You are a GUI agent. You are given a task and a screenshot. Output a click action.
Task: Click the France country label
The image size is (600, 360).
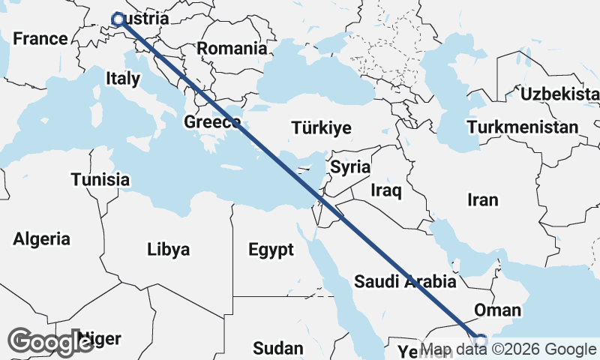tap(40, 39)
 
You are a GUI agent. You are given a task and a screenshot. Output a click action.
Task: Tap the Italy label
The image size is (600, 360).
tap(123, 78)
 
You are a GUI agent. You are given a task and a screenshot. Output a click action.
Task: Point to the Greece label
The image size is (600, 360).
tap(212, 121)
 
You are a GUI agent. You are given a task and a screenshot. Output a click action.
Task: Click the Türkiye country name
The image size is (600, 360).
tap(322, 128)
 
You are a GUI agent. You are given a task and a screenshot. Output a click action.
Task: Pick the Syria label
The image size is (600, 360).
tap(350, 166)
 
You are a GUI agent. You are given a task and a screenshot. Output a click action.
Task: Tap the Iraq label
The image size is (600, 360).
tap(386, 190)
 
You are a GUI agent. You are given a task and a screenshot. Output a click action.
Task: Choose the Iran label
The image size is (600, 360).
tap(482, 199)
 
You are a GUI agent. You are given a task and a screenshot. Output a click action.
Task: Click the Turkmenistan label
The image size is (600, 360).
tap(522, 127)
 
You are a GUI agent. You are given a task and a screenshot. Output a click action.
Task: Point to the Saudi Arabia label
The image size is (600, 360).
tap(405, 282)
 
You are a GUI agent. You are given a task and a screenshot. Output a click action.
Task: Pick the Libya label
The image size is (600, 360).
tap(169, 249)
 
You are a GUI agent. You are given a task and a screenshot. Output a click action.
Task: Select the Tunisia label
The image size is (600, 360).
tap(100, 180)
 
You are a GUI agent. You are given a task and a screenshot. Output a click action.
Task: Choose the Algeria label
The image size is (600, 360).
tap(42, 239)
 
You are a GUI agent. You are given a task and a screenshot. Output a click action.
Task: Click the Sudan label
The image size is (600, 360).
tap(278, 348)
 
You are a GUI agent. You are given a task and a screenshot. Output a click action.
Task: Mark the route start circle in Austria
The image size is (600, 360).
tap(118, 20)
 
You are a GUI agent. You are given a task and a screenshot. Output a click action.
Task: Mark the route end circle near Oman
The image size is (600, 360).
tap(480, 340)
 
